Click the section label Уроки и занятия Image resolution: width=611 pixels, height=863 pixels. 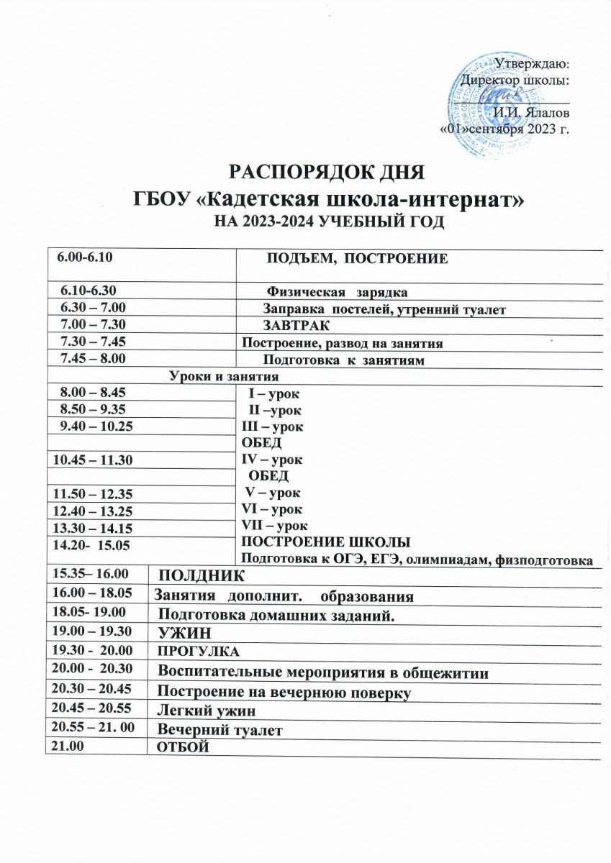tap(224, 375)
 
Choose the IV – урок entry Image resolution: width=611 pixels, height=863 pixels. tap(271, 459)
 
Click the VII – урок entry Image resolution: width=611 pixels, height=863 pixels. tap(273, 526)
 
